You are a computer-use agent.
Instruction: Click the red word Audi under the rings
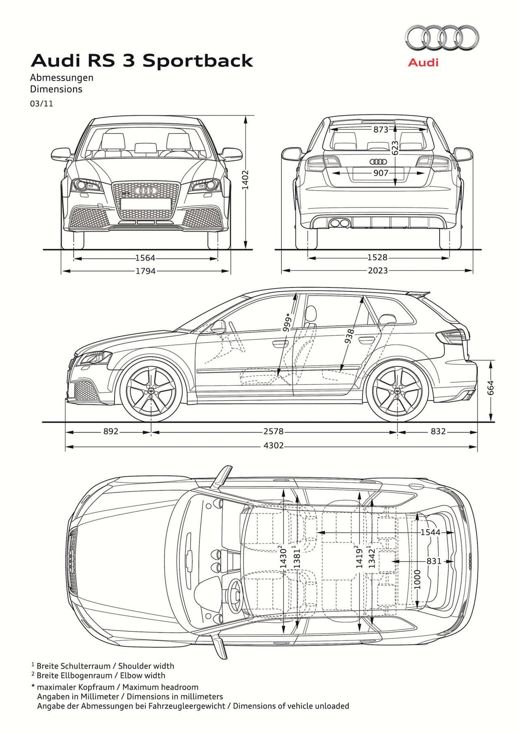(423, 62)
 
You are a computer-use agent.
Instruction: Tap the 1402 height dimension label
(245, 180)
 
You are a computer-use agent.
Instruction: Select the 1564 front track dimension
(145, 258)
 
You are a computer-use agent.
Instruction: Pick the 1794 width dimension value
(145, 271)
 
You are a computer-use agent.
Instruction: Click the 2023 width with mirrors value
(377, 270)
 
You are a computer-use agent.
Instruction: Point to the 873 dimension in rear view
(381, 130)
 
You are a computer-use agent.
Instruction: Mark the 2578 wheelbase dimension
(273, 431)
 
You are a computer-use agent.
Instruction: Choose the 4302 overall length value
(273, 446)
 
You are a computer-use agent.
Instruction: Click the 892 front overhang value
(110, 431)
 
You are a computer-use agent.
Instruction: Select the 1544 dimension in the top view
(430, 532)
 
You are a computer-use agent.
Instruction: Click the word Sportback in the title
(197, 61)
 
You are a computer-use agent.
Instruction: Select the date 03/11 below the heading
(41, 104)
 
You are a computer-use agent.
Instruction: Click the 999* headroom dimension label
(287, 323)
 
